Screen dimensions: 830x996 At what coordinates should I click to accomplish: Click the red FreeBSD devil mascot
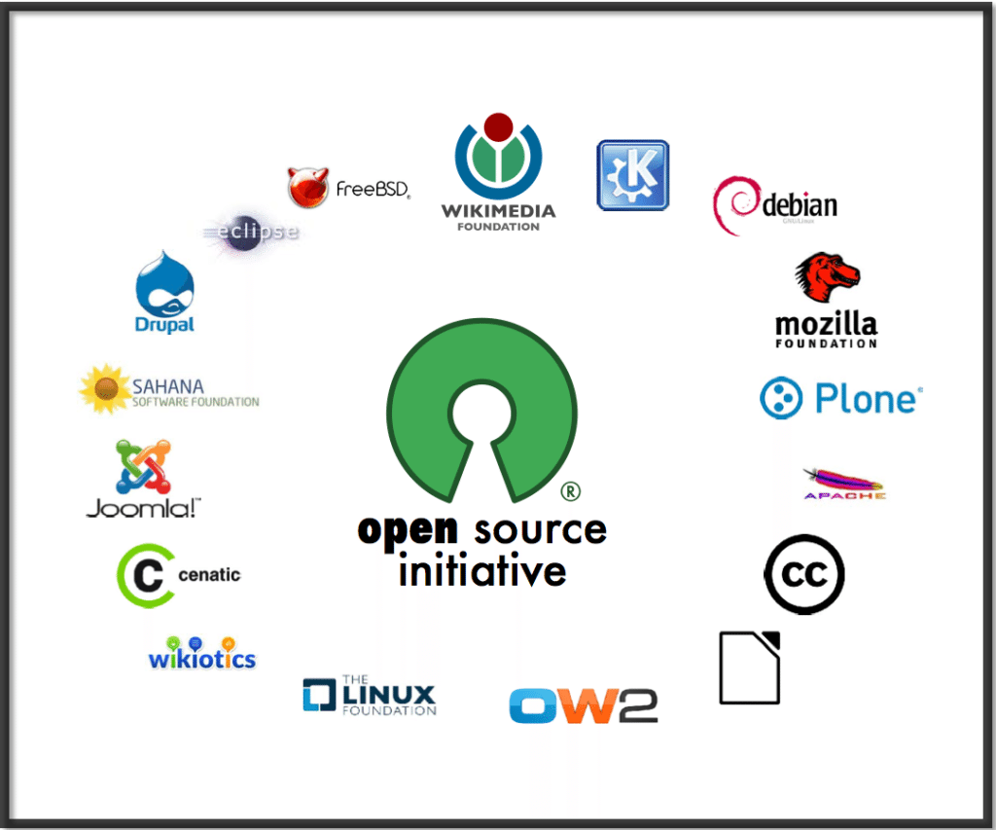pyautogui.click(x=307, y=187)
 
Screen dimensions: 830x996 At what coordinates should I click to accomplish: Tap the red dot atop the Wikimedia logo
pyautogui.click(x=498, y=126)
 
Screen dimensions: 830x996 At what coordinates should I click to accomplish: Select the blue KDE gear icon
pyautogui.click(x=632, y=175)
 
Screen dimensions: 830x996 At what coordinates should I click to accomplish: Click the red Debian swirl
pyautogui.click(x=736, y=205)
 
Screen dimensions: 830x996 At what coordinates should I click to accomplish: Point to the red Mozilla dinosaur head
pyautogui.click(x=827, y=279)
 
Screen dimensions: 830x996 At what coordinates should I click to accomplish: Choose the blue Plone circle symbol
pyautogui.click(x=781, y=399)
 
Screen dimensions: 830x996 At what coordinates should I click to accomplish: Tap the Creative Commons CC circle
pyautogui.click(x=803, y=574)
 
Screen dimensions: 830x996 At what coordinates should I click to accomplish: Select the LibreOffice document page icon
pyautogui.click(x=750, y=668)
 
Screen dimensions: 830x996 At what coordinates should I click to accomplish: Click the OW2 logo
pyautogui.click(x=583, y=705)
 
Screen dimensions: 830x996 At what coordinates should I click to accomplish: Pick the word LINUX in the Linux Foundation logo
pyautogui.click(x=388, y=695)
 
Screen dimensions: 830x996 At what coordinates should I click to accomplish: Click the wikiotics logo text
pyautogui.click(x=202, y=659)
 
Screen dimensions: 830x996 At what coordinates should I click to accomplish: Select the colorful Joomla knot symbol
pyautogui.click(x=143, y=467)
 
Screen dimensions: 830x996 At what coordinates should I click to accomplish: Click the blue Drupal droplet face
pyautogui.click(x=165, y=284)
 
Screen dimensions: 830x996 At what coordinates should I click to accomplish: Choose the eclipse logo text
pyautogui.click(x=255, y=232)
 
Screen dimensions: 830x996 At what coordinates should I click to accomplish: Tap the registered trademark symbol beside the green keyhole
pyautogui.click(x=571, y=491)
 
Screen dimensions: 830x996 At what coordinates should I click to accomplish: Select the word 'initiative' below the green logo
pyautogui.click(x=482, y=570)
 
